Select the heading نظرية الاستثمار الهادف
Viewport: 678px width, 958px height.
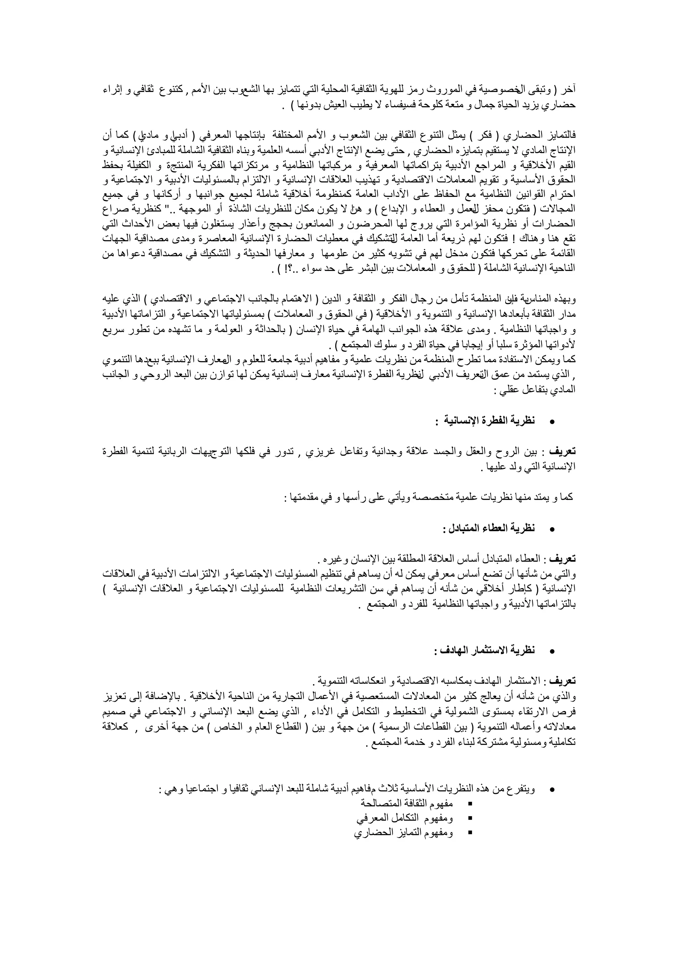484,651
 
